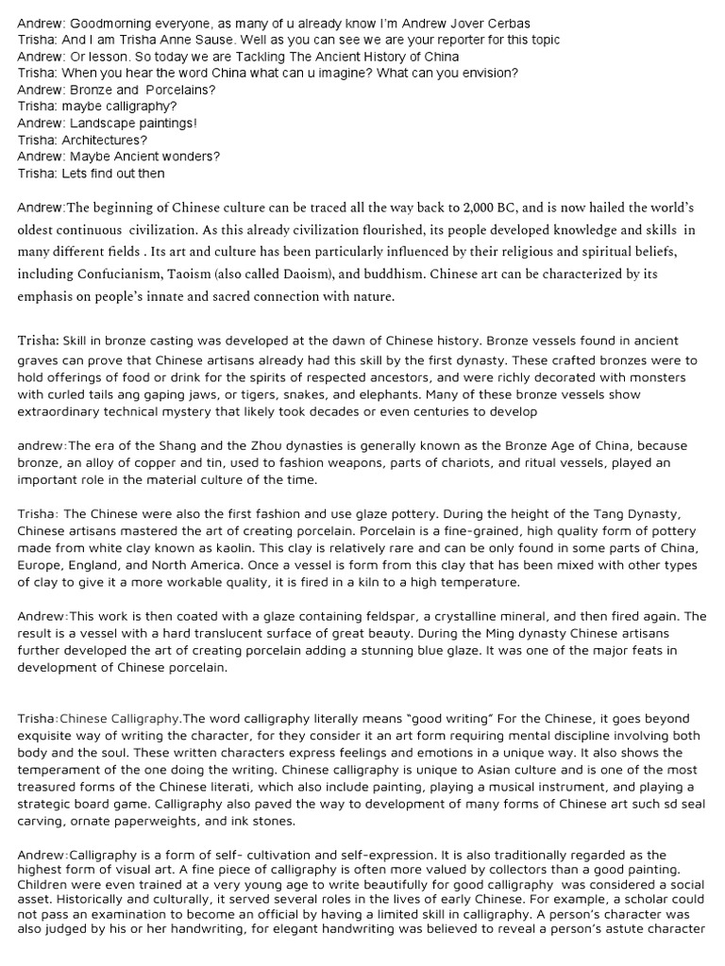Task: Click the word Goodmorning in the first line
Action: [115, 24]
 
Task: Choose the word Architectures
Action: [102, 141]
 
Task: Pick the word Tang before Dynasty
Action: [603, 513]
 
